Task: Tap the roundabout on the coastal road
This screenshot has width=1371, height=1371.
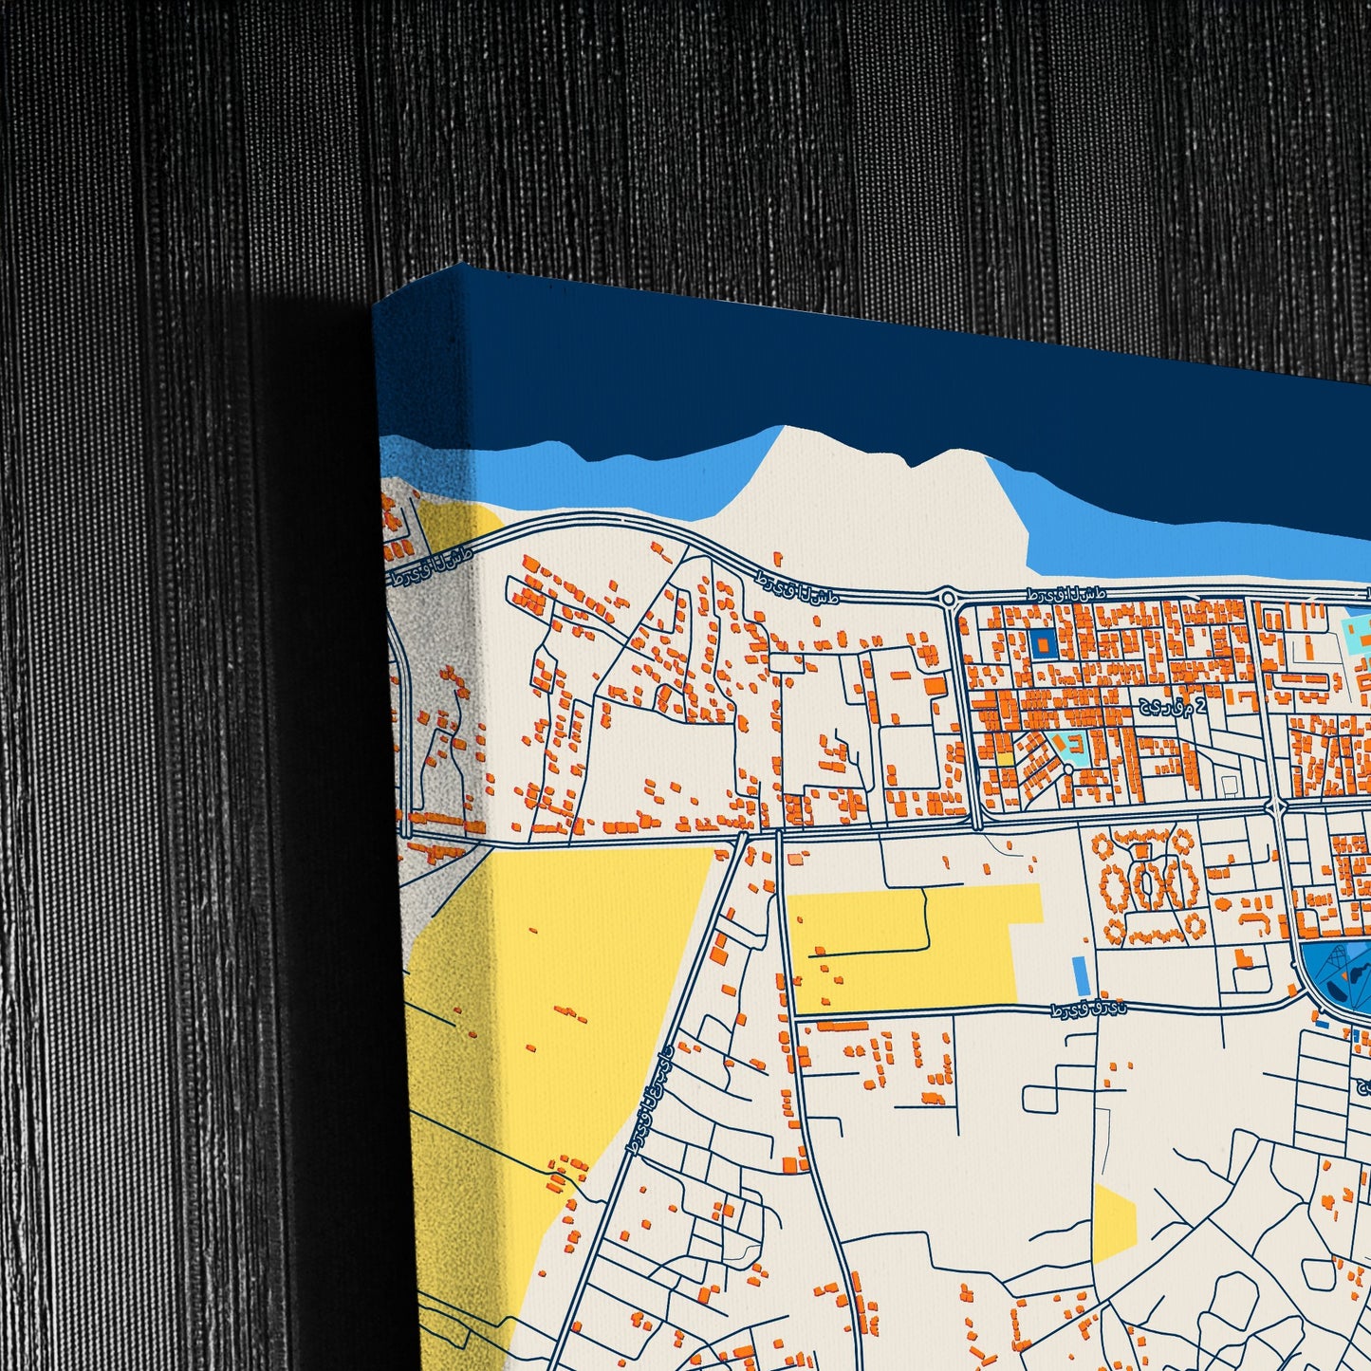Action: point(947,598)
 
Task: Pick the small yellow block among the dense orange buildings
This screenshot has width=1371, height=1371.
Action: point(1004,758)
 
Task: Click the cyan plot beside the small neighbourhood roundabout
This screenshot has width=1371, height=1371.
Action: point(1076,750)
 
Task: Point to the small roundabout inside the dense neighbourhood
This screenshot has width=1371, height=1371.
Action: point(1068,769)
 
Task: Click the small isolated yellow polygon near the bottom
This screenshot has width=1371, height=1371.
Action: point(1113,1225)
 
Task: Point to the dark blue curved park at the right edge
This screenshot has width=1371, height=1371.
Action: point(1333,977)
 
